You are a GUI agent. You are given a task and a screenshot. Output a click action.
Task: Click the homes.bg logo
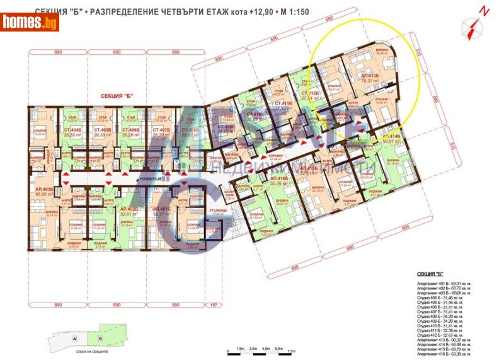pos(30,23)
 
